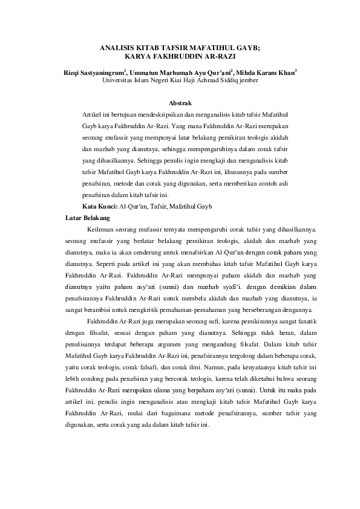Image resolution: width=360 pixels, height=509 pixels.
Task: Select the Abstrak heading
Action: coord(180,104)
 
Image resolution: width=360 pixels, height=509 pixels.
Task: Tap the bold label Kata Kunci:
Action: coord(100,206)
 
